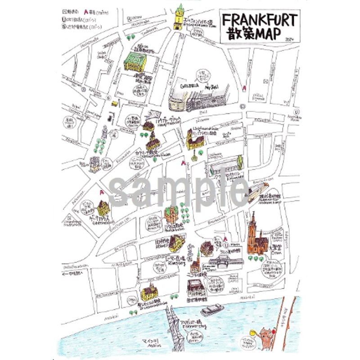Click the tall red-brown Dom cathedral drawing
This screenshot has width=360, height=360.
point(255,237)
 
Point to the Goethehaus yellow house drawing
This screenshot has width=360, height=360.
point(103,208)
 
